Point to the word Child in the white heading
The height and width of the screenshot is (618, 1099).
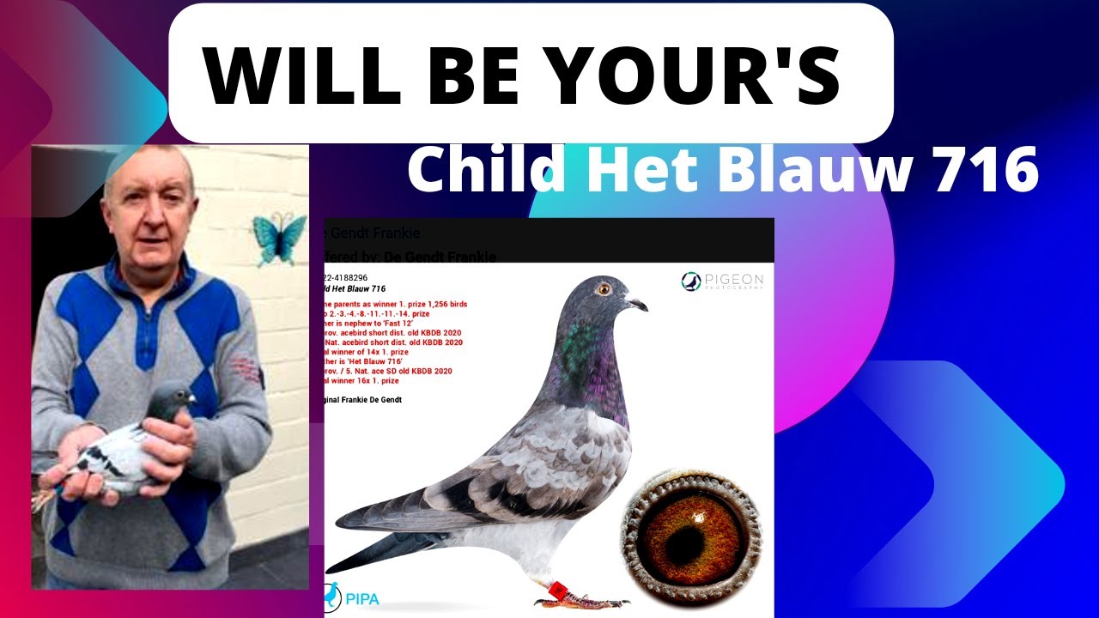[486, 169]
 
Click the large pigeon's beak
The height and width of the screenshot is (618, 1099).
[636, 303]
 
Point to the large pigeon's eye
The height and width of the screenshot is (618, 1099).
[603, 288]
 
